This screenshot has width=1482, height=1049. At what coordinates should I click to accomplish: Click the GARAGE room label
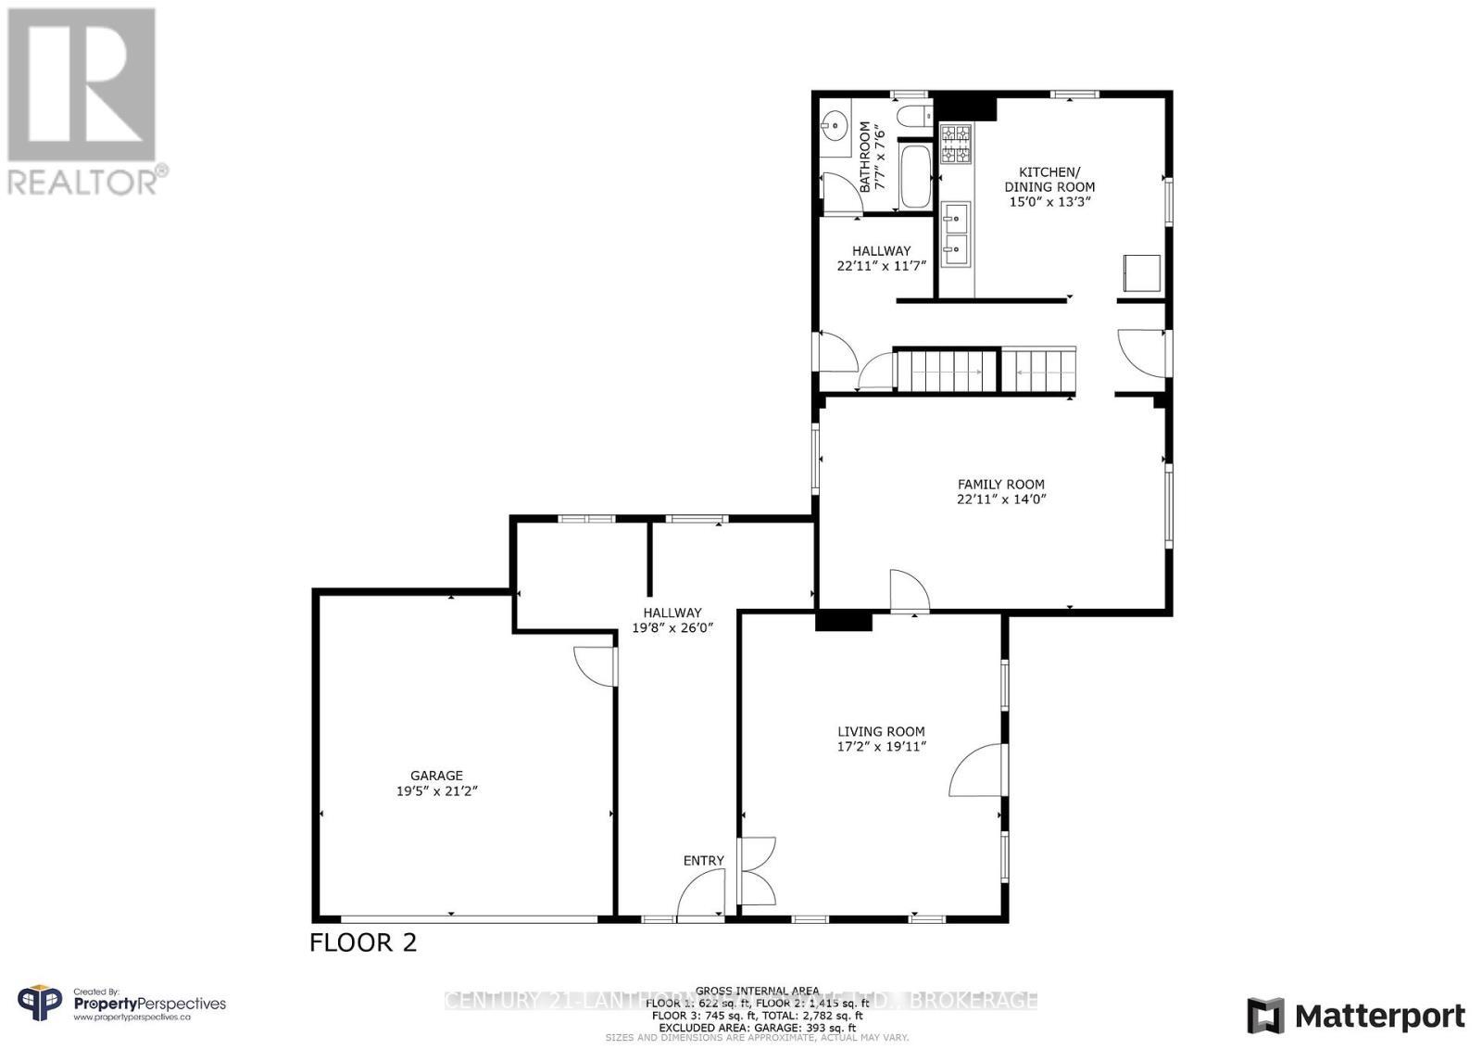(x=436, y=776)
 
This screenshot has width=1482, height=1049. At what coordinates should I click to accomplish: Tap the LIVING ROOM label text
(x=881, y=731)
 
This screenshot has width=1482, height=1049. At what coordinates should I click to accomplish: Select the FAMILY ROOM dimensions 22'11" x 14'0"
(x=1000, y=499)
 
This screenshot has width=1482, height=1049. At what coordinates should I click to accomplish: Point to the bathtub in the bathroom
(x=915, y=176)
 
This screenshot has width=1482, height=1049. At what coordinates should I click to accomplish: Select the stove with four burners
(x=956, y=145)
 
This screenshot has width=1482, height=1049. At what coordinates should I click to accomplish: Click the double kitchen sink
(x=955, y=234)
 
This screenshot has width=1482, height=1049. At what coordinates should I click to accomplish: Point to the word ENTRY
(x=703, y=861)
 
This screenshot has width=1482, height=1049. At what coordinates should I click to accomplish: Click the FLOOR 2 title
(x=363, y=942)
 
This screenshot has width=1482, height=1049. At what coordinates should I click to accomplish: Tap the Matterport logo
(x=1356, y=1017)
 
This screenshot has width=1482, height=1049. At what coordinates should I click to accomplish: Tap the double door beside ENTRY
(x=756, y=871)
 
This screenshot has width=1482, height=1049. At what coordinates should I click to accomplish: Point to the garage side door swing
(x=594, y=665)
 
